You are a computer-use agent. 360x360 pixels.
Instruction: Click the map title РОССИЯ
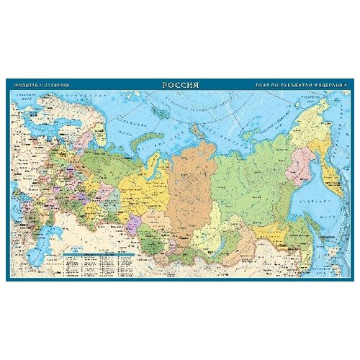180,84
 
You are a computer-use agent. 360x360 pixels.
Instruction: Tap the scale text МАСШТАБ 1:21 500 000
42,85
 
